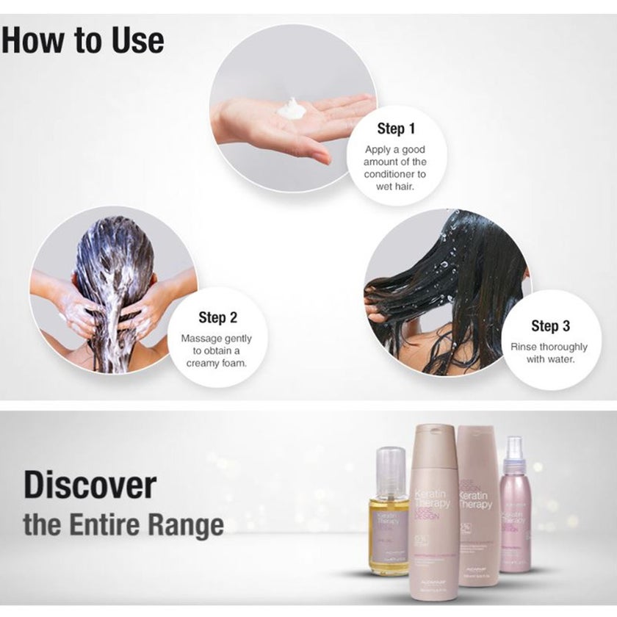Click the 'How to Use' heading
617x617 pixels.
click(82, 41)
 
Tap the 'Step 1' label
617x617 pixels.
click(396, 129)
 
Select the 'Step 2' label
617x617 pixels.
click(217, 317)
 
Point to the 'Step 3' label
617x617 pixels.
click(550, 325)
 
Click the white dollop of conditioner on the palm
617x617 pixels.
click(292, 109)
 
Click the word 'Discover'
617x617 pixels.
click(90, 486)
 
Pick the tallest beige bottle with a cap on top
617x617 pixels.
click(435, 514)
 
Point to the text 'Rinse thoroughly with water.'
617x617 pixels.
click(549, 353)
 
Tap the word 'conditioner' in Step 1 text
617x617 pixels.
click(394, 174)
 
